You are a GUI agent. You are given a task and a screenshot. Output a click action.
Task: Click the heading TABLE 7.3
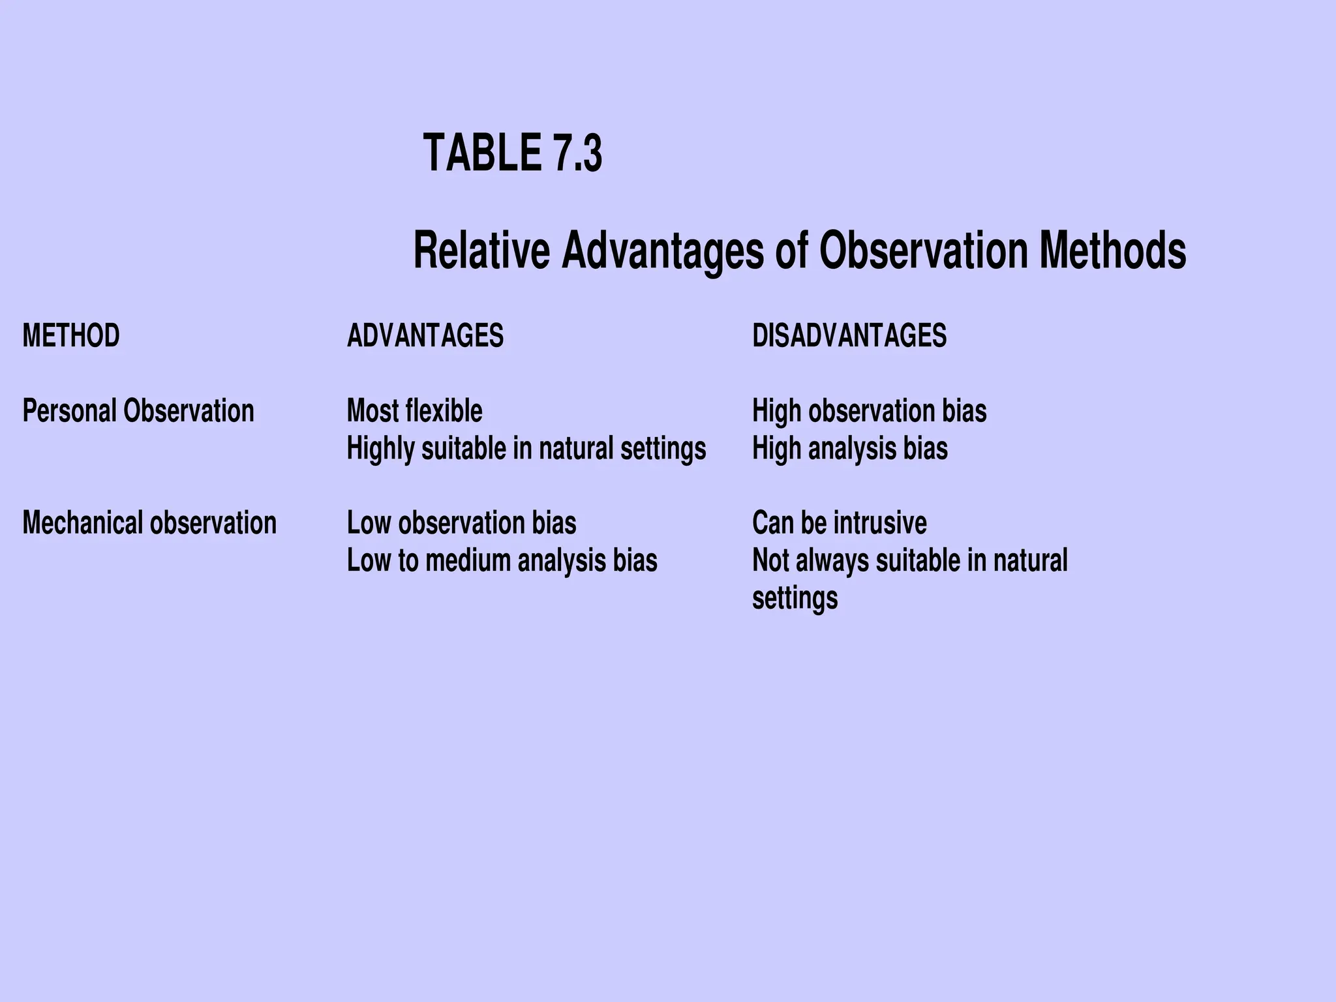(513, 153)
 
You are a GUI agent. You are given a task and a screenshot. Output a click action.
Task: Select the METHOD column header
(71, 336)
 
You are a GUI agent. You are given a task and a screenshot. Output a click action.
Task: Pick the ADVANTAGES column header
(425, 336)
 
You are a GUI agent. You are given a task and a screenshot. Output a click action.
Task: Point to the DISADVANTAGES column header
(849, 336)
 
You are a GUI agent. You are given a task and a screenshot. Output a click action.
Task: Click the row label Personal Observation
(138, 411)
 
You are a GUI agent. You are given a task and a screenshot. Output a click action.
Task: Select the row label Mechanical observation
(149, 523)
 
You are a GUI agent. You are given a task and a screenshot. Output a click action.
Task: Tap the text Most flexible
(415, 411)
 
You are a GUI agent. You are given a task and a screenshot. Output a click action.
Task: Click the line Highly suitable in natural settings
(526, 449)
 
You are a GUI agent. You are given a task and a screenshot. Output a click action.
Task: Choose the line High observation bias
(869, 411)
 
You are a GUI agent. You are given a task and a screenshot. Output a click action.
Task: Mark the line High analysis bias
(850, 449)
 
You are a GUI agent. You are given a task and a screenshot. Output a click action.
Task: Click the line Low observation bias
(462, 523)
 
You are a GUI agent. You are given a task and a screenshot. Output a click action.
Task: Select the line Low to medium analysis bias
(502, 561)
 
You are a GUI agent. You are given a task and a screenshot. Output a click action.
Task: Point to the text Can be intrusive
(840, 523)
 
